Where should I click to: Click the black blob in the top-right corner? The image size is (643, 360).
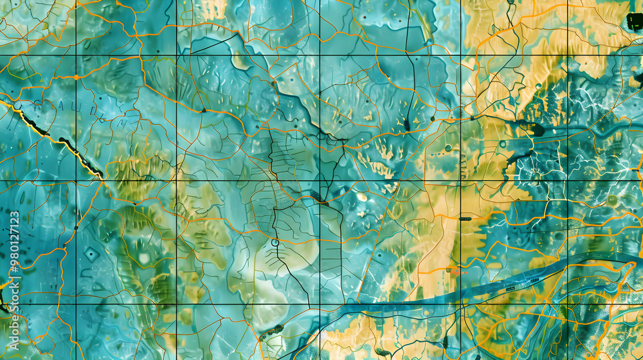coord(634,22)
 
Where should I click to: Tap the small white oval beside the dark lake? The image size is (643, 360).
coord(362,197)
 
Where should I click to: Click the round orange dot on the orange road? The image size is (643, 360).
coord(77,77)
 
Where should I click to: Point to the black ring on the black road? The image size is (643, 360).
coord(275,242)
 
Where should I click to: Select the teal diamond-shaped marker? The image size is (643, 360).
coord(91,255)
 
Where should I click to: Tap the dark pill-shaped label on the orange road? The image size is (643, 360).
coord(464,219)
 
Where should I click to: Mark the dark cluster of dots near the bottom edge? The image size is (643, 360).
coord(270,332)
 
